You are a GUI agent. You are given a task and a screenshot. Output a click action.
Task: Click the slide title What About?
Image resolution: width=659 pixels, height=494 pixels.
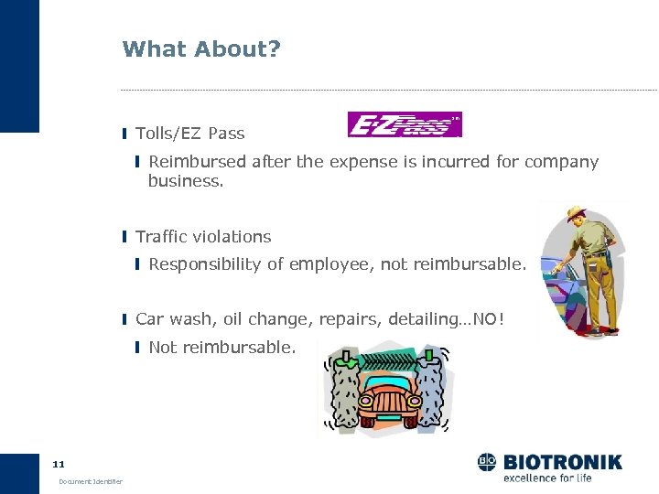tap(201, 48)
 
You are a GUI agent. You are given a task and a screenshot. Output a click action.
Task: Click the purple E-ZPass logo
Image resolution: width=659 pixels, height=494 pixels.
tap(405, 124)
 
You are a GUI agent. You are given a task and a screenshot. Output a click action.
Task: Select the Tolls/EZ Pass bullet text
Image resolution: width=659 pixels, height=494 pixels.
tap(190, 134)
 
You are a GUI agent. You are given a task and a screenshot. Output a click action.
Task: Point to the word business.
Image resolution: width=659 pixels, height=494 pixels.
tap(185, 181)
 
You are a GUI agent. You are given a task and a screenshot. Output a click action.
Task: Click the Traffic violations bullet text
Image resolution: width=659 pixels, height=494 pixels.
tap(203, 237)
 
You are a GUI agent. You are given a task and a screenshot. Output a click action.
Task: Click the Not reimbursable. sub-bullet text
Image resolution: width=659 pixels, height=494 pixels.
tap(222, 348)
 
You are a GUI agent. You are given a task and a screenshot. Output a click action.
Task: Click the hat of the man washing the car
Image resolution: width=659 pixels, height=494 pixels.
tap(576, 215)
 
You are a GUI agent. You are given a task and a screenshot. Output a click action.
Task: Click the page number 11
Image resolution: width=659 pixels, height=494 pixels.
tap(59, 464)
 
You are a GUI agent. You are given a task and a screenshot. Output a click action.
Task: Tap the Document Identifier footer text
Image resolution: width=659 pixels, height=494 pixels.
tap(91, 482)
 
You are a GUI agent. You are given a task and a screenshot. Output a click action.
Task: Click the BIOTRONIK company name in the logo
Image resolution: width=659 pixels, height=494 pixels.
tap(561, 462)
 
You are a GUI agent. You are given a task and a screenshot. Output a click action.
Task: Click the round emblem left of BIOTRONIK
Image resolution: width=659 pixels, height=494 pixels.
tap(487, 462)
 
